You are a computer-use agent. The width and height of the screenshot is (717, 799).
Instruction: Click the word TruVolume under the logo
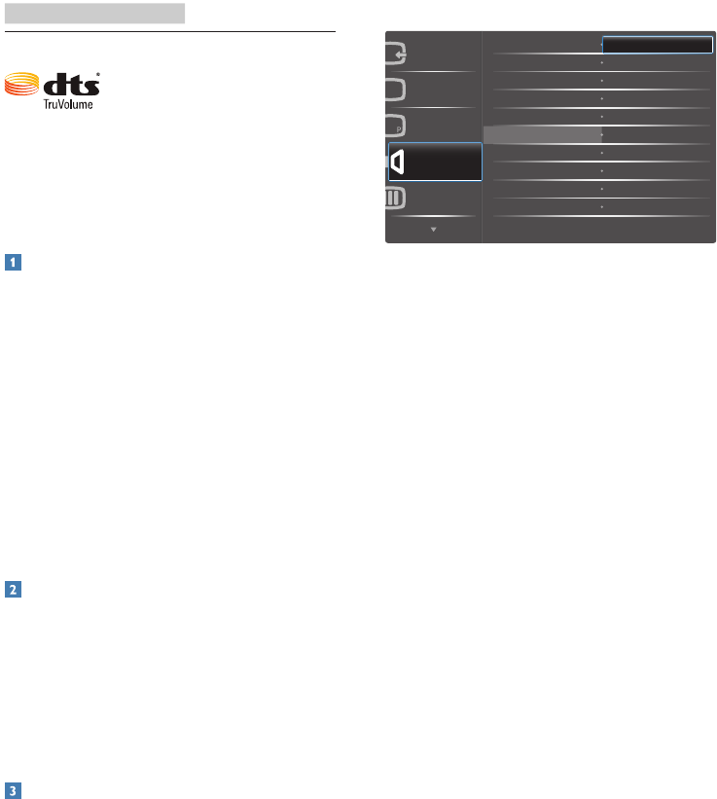click(x=67, y=103)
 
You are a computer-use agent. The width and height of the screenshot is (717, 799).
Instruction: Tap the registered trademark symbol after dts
click(x=98, y=73)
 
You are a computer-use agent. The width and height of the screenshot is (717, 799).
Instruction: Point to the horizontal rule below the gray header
click(x=170, y=31)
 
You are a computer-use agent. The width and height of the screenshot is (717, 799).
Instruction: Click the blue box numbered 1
click(x=11, y=262)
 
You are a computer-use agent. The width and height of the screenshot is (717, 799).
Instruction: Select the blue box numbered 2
click(x=11, y=590)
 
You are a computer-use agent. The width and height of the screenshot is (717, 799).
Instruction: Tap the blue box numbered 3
click(x=11, y=791)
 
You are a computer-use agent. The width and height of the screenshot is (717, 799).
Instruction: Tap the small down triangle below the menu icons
click(x=433, y=231)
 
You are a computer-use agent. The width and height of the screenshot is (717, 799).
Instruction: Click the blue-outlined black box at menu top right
click(x=658, y=44)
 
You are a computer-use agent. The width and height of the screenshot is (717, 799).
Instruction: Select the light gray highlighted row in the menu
click(x=541, y=134)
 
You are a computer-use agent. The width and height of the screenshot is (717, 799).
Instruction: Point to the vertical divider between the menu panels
click(x=483, y=136)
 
